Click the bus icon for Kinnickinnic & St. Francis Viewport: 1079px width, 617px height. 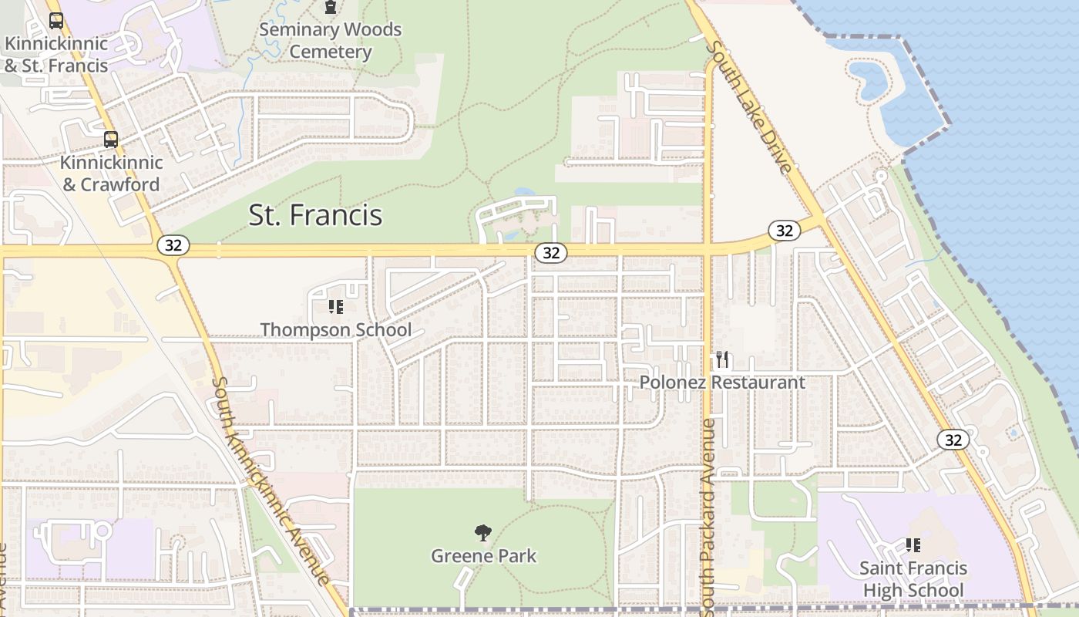55,20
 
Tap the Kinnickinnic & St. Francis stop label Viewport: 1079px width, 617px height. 55,54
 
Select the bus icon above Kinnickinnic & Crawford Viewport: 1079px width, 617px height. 111,140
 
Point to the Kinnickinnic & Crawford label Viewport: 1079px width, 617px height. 111,174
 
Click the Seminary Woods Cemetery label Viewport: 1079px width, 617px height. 331,41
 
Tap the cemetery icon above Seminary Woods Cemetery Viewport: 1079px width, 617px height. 331,8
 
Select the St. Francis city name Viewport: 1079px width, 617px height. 315,214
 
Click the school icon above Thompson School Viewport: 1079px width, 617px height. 335,307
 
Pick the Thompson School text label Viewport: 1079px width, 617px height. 335,330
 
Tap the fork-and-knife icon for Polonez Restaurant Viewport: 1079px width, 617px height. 722,359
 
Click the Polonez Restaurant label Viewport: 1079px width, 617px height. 722,383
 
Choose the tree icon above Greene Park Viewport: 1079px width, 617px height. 483,532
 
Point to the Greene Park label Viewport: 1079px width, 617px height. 483,556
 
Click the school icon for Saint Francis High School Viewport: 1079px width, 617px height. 913,545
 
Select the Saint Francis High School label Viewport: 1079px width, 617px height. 913,579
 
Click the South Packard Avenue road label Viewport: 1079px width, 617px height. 708,517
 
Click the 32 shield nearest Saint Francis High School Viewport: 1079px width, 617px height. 953,440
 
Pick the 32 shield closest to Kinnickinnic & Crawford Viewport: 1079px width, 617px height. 173,245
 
